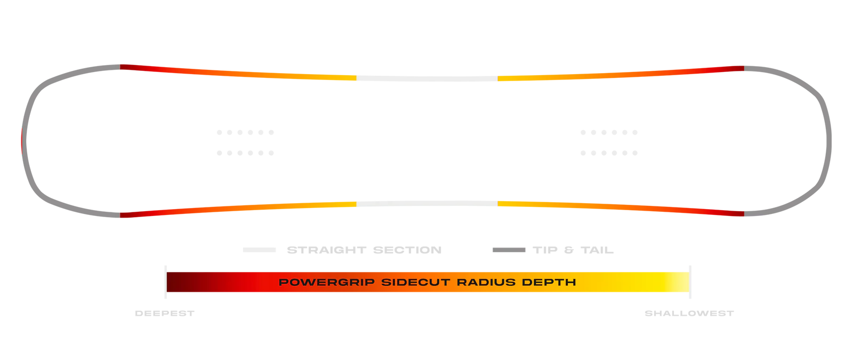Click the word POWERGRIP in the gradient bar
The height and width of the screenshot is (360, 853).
[327, 282]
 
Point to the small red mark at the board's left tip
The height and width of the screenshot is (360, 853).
[20, 140]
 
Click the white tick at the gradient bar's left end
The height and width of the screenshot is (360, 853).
[166, 282]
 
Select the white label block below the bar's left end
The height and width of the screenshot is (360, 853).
[164, 314]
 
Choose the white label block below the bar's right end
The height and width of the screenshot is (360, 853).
[690, 314]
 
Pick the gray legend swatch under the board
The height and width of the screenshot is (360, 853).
[509, 249]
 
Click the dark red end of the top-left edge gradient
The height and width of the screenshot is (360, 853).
[128, 67]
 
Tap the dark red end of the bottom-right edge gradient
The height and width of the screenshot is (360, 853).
[736, 213]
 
